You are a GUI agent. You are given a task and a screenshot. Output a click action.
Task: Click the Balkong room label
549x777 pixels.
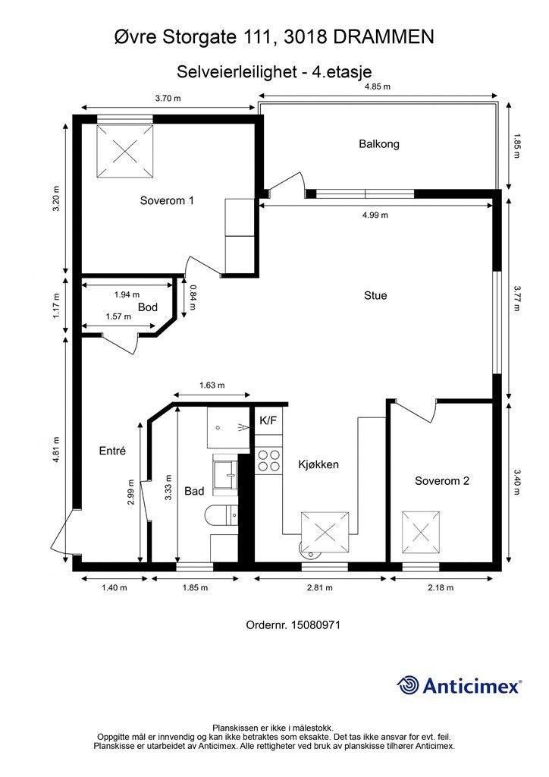pyautogui.click(x=378, y=144)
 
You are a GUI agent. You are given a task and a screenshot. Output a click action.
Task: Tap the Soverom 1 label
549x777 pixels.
pyautogui.click(x=167, y=200)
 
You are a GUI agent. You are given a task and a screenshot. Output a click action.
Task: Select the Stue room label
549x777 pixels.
pyautogui.click(x=375, y=296)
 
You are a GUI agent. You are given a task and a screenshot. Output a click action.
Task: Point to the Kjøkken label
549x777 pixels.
pyautogui.click(x=318, y=465)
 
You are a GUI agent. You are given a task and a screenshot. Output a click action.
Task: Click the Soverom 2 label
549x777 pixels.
pyautogui.click(x=441, y=480)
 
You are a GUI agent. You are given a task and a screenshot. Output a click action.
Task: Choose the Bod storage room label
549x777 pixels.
pyautogui.click(x=148, y=307)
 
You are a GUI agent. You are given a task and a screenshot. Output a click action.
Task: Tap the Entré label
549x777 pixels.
pyautogui.click(x=112, y=451)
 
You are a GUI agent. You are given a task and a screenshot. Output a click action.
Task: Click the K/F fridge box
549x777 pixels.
pyautogui.click(x=268, y=420)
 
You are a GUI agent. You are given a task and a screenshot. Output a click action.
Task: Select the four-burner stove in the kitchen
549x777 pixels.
pyautogui.click(x=268, y=460)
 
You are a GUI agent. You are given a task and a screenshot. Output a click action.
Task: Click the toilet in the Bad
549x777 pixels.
pyautogui.click(x=221, y=515)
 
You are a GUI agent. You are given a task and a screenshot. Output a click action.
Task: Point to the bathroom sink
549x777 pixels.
pyautogui.click(x=226, y=475)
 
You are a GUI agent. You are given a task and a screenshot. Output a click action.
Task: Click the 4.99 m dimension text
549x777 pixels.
pyautogui.click(x=375, y=215)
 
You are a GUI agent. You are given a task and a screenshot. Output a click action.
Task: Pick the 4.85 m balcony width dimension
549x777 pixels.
pyautogui.click(x=377, y=87)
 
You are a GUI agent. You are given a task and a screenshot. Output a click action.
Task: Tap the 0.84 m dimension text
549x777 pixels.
pyautogui.click(x=193, y=297)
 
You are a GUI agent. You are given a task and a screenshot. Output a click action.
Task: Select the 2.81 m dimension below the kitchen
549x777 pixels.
pyautogui.click(x=320, y=588)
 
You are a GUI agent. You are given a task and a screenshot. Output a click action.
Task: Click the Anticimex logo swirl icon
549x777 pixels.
pyautogui.click(x=408, y=685)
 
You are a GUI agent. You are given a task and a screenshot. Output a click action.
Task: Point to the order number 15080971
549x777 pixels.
pyautogui.click(x=315, y=625)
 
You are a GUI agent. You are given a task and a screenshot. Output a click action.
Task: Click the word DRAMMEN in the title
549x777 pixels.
pyautogui.click(x=384, y=37)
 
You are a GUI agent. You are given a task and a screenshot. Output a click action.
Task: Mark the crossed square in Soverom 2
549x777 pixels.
pyautogui.click(x=420, y=533)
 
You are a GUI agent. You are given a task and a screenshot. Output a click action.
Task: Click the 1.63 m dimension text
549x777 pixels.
pyautogui.click(x=212, y=385)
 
